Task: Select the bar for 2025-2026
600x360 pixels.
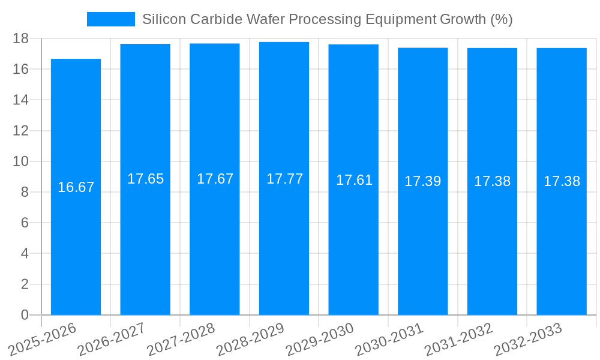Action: click(x=76, y=240)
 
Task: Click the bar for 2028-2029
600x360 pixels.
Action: click(x=284, y=240)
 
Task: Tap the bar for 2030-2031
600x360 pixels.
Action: click(x=422, y=240)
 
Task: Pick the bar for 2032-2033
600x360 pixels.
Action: click(x=562, y=240)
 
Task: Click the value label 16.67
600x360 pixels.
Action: click(x=76, y=187)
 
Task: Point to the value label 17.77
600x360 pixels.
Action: click(x=284, y=179)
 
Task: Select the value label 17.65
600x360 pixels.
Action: click(x=145, y=179)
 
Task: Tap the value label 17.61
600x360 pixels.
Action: click(x=354, y=180)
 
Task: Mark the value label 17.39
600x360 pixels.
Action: click(x=422, y=181)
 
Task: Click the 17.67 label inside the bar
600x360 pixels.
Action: click(x=215, y=179)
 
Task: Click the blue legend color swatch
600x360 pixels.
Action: click(x=111, y=19)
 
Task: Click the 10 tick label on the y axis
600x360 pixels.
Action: click(x=20, y=161)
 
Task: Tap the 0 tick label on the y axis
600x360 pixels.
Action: click(x=25, y=315)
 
